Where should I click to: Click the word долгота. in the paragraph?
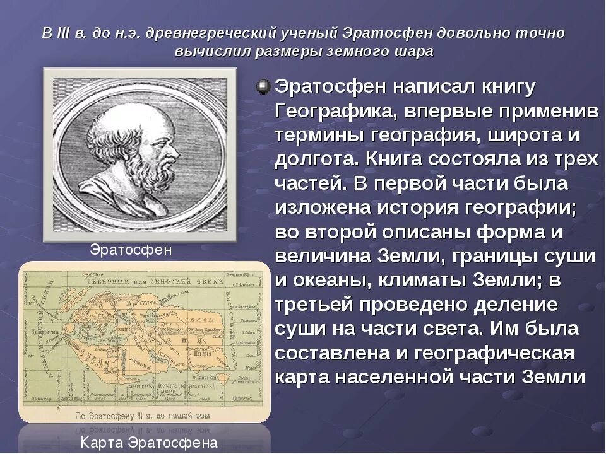click(x=318, y=160)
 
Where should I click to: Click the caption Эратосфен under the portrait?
click(x=131, y=250)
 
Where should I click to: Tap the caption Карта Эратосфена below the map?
click(x=149, y=443)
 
